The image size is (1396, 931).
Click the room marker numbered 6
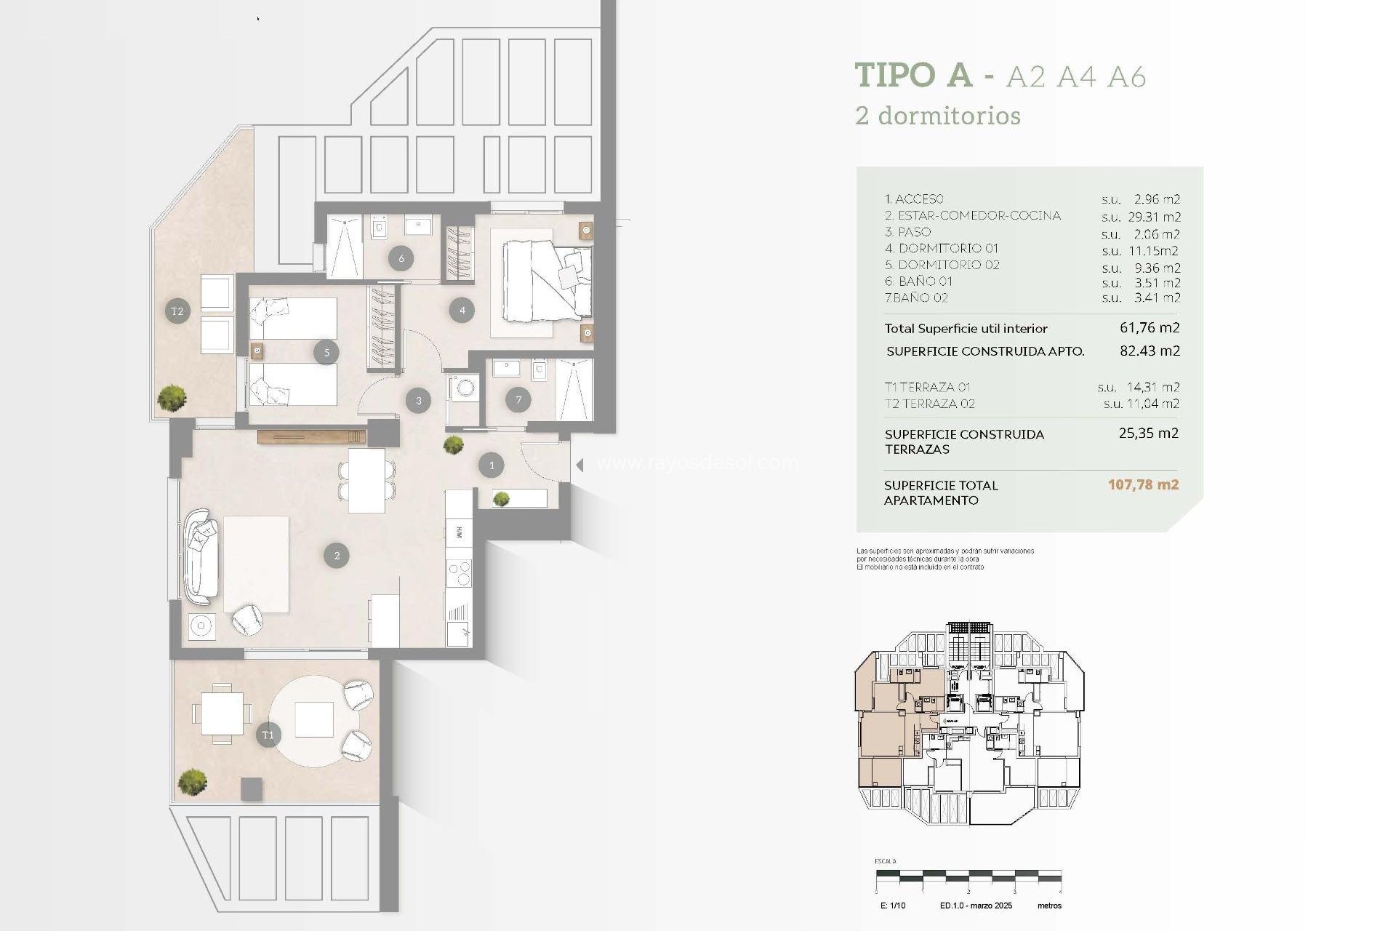point(401,257)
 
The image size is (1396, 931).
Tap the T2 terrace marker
point(177,311)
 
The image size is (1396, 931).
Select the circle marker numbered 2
point(337,556)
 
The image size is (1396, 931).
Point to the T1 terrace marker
point(268,735)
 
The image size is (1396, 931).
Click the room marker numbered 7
point(518,399)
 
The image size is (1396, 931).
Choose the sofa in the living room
point(201,557)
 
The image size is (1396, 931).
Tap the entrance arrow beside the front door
point(579,465)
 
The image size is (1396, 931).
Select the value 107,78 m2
point(1143,484)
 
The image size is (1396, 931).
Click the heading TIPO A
point(913,75)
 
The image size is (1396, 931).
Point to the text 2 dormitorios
point(938,116)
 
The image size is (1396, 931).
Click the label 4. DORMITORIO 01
point(941,249)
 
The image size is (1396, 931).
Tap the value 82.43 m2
point(1150,351)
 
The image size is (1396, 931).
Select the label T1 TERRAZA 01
point(927,387)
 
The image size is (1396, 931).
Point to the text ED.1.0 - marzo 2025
point(976,906)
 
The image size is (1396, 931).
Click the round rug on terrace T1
point(314,720)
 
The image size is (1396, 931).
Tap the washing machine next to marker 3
point(463,388)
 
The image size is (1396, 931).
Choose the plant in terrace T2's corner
point(172,397)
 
